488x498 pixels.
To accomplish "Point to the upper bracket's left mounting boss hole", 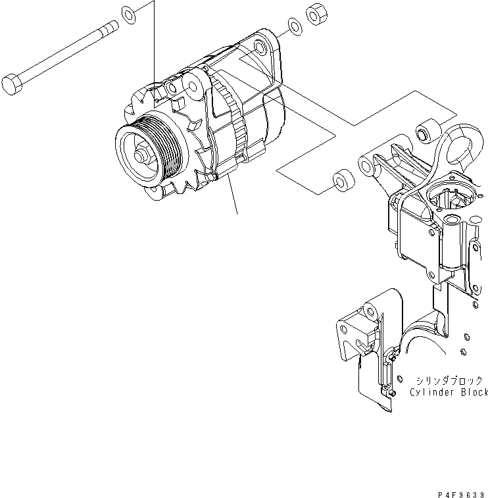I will point(364,162).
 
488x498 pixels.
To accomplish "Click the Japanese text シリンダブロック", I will point(449,380).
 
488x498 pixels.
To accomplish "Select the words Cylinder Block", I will point(448,393).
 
